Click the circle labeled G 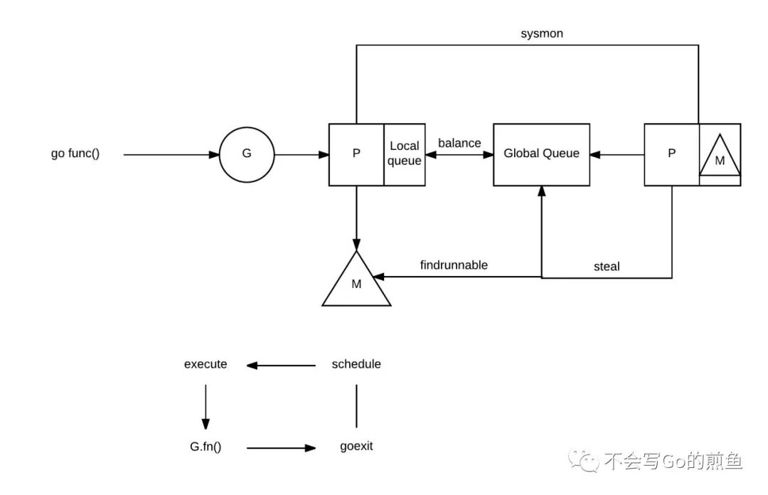click(x=247, y=154)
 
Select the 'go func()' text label click(x=75, y=154)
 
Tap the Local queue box click(x=405, y=154)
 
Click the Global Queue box click(x=541, y=154)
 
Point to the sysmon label click(x=542, y=33)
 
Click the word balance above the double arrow click(x=459, y=143)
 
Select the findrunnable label click(x=454, y=265)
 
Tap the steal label click(x=607, y=267)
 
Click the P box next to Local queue click(x=356, y=154)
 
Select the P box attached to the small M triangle click(x=671, y=154)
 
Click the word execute click(x=206, y=364)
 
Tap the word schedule click(x=356, y=364)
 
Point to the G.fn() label click(x=206, y=447)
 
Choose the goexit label click(x=356, y=447)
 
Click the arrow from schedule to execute click(x=282, y=366)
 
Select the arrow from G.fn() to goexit click(x=282, y=448)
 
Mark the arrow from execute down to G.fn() click(x=206, y=405)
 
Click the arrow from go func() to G click(x=171, y=154)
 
